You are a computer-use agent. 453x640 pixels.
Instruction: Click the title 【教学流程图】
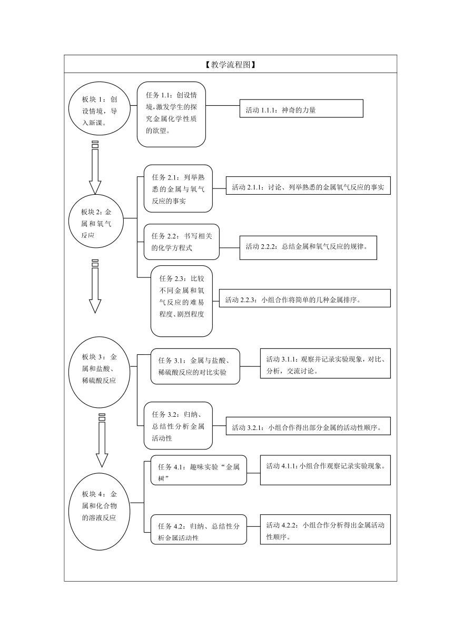[x=230, y=65]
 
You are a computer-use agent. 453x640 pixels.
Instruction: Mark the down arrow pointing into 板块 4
[x=102, y=441]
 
